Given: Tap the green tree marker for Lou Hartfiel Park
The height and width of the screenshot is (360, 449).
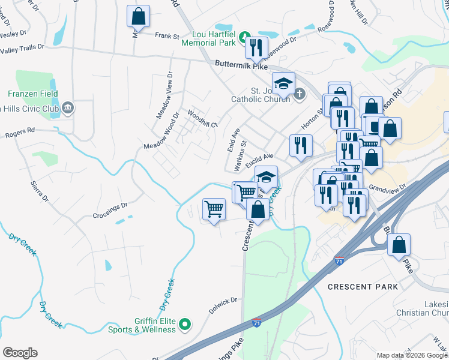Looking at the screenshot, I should (244, 37).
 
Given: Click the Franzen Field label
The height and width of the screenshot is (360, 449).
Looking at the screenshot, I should (33, 94).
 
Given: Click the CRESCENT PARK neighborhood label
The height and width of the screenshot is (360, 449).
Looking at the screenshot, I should (363, 287).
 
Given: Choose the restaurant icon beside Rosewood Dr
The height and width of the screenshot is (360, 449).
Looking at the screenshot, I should (256, 47).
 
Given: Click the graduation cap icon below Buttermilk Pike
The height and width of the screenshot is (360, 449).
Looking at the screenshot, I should (283, 82).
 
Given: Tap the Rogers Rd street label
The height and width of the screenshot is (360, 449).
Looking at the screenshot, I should (21, 131).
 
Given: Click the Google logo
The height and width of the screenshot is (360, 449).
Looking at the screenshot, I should (20, 352).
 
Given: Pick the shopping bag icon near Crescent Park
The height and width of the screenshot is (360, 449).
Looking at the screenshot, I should (399, 245).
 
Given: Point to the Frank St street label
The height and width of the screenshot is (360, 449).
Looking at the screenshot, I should (167, 37).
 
